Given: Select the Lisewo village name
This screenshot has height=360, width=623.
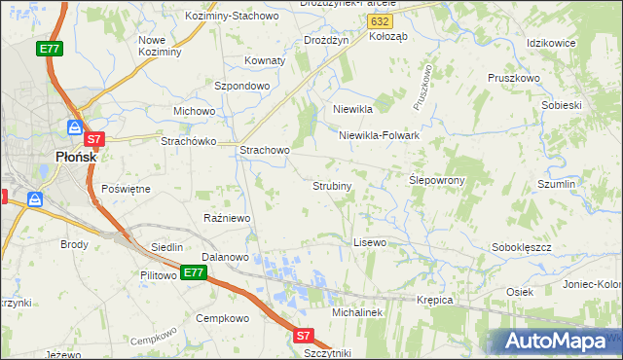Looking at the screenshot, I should (370, 241).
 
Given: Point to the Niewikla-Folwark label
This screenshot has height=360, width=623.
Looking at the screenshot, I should (379, 136).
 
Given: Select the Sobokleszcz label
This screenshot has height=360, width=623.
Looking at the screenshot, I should (522, 248).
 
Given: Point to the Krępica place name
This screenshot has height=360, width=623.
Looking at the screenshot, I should (435, 300).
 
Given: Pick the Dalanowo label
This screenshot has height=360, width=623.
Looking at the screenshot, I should (226, 257).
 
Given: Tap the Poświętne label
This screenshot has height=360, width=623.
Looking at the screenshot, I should (126, 189).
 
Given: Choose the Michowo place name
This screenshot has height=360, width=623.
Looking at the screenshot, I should (194, 111).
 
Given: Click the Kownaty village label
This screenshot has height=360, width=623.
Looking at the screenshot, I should (265, 60).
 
